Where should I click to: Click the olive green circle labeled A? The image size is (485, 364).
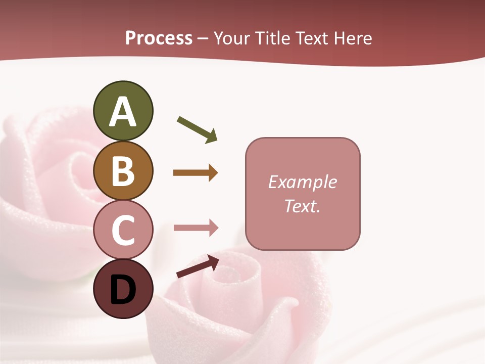[x=123, y=111]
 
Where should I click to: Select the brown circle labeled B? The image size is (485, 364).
[x=123, y=170]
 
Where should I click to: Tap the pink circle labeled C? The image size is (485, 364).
[x=123, y=230]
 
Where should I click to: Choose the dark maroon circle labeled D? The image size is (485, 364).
[x=123, y=289]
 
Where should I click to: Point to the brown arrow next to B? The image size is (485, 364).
[x=196, y=173]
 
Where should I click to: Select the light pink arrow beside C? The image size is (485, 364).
[x=196, y=228]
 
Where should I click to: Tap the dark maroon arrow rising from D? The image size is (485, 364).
[x=198, y=266]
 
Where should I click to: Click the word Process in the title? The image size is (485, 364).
[x=159, y=38]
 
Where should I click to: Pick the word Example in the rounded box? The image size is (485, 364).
[x=302, y=182]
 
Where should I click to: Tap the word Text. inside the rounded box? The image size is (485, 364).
[x=302, y=206]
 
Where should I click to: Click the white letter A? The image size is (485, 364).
[x=123, y=112]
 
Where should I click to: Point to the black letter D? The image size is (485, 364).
[x=123, y=290]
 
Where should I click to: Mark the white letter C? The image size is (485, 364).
[x=123, y=231]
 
